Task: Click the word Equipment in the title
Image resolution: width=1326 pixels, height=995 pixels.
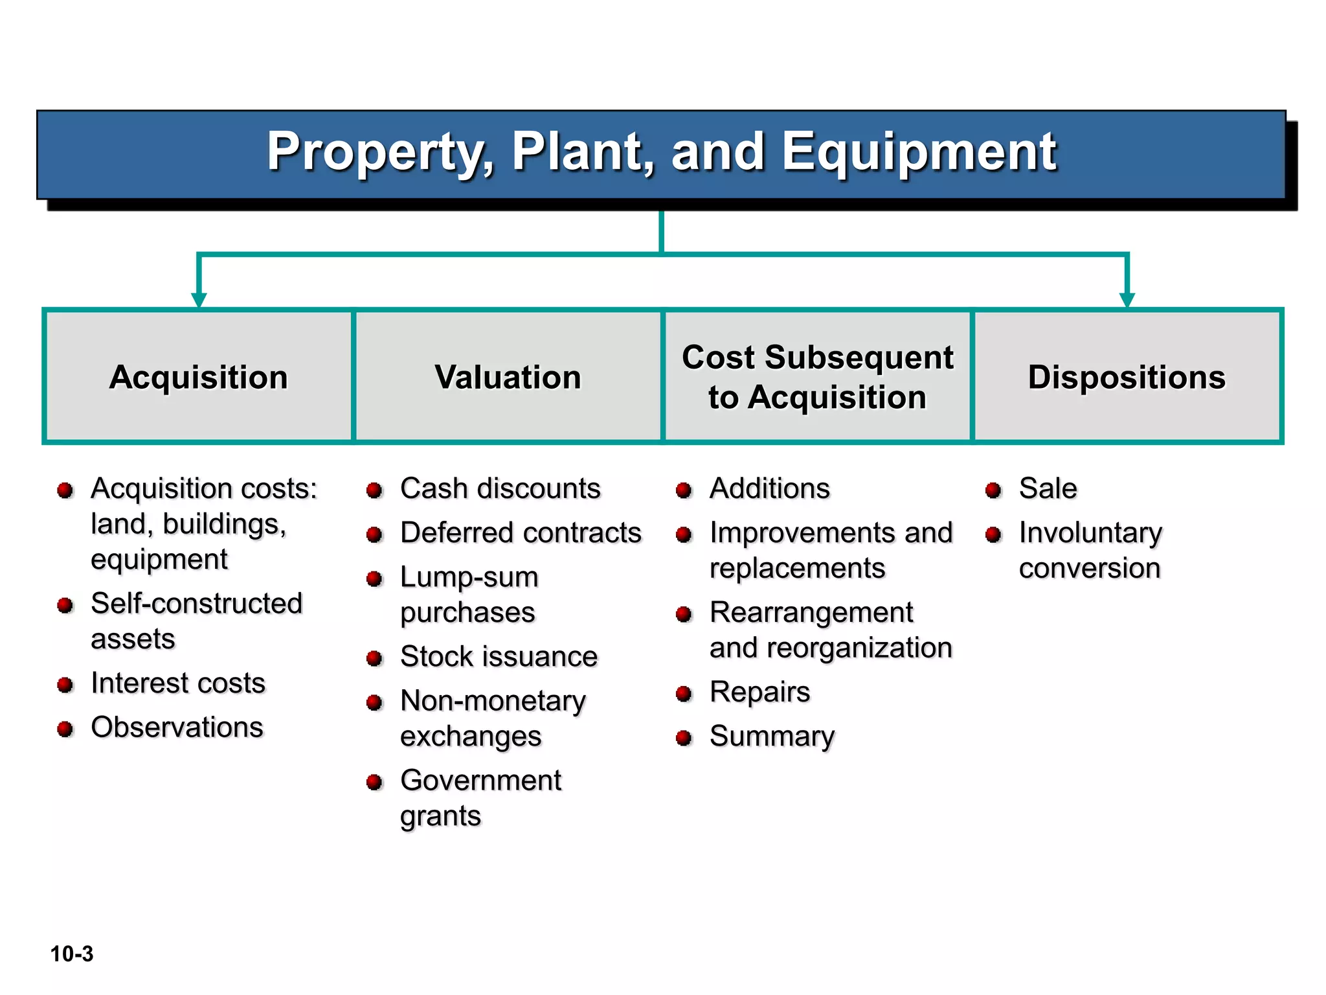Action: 919,152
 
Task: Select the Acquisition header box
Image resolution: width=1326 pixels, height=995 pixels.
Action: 199,377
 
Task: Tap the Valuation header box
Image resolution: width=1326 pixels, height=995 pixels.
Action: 508,377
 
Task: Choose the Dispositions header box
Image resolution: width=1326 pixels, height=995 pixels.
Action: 1127,377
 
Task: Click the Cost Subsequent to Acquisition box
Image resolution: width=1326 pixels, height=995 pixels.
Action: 817,377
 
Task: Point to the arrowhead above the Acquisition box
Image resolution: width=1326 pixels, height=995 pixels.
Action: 199,299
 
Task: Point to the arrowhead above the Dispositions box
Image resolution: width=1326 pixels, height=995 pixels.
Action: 1127,299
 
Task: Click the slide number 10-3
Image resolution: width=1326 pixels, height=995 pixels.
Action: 72,954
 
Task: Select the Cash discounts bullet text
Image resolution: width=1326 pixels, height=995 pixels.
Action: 500,488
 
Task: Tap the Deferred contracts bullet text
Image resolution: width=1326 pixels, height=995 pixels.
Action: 521,532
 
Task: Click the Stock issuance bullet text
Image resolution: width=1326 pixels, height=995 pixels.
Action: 499,656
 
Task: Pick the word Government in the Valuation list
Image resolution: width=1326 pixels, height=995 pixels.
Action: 480,780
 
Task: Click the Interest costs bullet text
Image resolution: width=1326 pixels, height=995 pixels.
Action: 178,683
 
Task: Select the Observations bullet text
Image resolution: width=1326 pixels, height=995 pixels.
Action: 177,727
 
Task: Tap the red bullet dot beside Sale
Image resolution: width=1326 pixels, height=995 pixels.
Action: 993,490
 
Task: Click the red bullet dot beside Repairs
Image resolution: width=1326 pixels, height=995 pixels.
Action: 684,694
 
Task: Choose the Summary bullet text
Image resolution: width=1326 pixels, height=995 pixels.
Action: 772,736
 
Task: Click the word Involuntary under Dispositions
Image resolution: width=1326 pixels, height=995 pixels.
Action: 1090,532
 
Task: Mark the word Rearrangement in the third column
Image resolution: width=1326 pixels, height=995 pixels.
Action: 811,612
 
